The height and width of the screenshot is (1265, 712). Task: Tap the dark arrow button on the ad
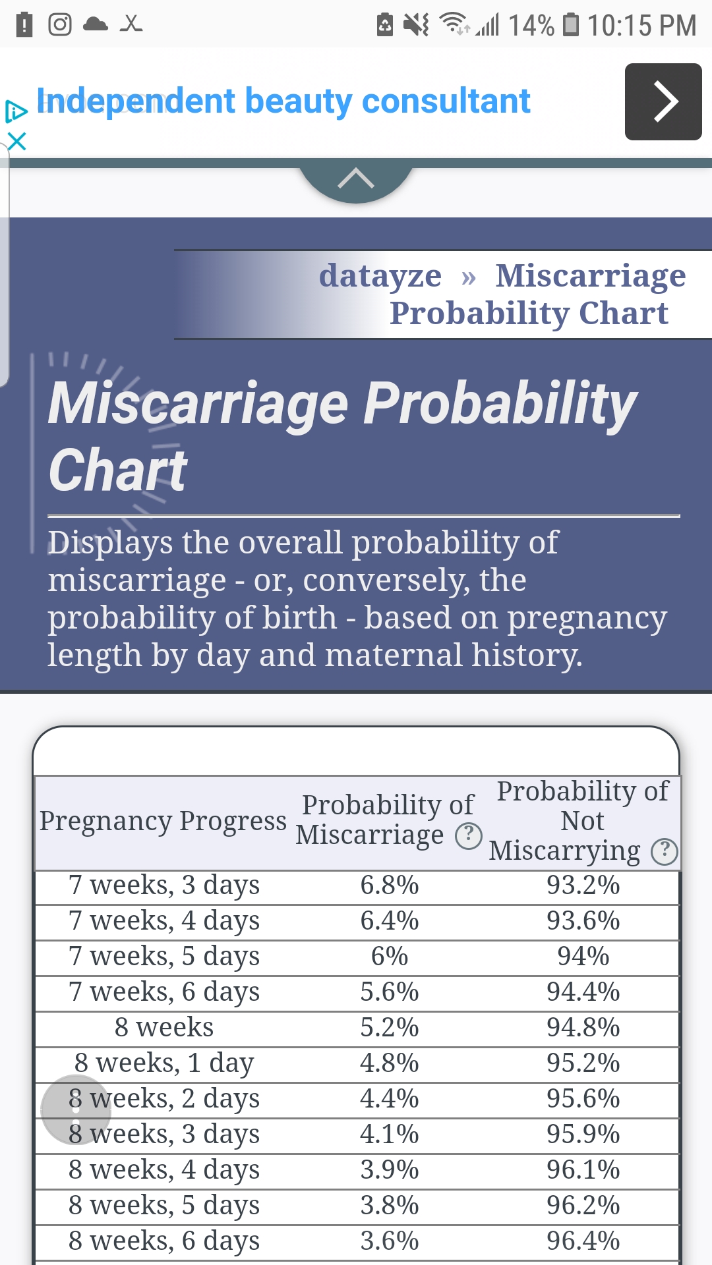(663, 101)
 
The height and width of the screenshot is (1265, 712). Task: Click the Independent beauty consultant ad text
(283, 101)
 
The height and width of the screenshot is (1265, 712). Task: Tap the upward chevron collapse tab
(356, 179)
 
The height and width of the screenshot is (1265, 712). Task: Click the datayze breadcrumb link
(380, 275)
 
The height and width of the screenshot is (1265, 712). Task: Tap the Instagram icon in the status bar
(60, 24)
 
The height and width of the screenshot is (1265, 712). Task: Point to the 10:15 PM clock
(641, 26)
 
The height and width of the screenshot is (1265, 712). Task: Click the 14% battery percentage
(531, 26)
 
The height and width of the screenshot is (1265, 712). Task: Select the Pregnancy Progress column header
(163, 821)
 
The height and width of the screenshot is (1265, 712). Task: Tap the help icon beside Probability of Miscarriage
(469, 835)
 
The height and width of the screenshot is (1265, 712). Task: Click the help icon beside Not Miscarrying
(665, 851)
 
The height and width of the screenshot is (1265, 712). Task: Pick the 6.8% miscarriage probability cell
(390, 885)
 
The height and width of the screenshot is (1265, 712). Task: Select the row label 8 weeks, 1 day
(164, 1063)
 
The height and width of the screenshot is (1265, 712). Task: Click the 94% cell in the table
(583, 957)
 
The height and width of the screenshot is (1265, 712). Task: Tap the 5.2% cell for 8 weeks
(390, 1028)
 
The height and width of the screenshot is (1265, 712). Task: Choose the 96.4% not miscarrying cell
(583, 1241)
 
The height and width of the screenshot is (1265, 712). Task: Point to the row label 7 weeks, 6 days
(164, 992)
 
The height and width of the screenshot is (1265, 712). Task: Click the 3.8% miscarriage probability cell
(390, 1206)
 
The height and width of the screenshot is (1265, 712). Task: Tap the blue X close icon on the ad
(16, 141)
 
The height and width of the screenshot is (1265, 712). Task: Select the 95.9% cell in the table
(583, 1135)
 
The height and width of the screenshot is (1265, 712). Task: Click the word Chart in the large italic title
(119, 470)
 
